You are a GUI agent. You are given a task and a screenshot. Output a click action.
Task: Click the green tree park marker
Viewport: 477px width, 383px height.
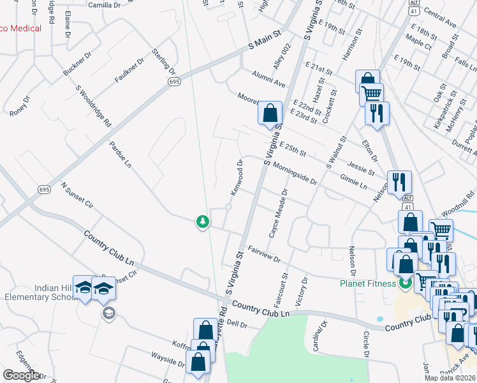pos(203,222)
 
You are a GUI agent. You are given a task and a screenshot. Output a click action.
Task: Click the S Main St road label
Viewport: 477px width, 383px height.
pos(265,40)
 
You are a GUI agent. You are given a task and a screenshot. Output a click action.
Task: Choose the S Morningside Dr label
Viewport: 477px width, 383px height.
pos(291,173)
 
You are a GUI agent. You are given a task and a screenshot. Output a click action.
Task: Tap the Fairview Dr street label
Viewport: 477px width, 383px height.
pos(264,253)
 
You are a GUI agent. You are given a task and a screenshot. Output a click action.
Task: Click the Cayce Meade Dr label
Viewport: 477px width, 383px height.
pos(279,213)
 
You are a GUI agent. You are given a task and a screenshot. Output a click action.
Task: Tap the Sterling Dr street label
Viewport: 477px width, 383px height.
pos(163,60)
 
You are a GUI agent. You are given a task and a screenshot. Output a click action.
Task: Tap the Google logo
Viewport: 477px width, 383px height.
pos(21,375)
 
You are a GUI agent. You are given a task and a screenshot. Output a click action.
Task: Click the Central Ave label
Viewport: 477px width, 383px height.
pos(439,20)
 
